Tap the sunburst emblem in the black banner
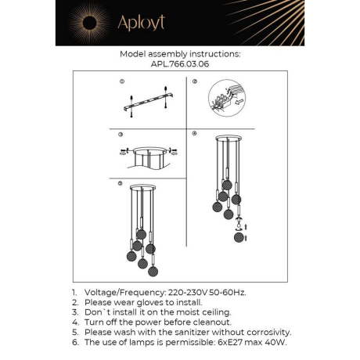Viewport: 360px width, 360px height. tap(81, 22)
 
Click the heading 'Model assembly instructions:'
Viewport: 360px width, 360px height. tap(179, 55)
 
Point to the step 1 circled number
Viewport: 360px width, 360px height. tap(121, 81)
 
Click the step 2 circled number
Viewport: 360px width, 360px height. tap(194, 81)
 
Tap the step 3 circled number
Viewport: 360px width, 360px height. tap(121, 134)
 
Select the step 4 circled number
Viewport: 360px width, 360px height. tap(194, 134)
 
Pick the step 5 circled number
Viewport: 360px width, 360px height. tap(121, 185)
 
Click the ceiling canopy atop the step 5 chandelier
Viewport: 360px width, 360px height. tap(144, 189)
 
